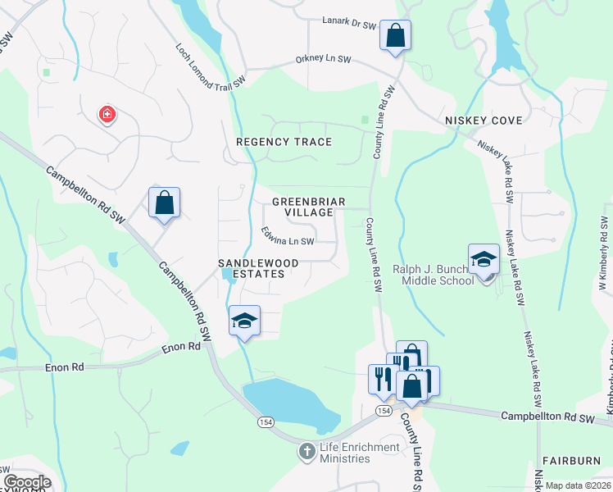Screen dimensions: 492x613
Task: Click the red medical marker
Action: pos(107,115)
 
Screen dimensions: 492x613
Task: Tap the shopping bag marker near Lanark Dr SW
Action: pos(395,36)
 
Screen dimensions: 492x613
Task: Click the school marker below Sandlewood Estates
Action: pos(244,321)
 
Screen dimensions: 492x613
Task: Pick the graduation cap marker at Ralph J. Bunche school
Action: pos(484,260)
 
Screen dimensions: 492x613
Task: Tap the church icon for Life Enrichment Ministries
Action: pos(306,451)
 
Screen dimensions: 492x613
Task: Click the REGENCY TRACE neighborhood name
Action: pos(284,142)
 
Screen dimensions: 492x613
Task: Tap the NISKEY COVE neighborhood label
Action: pos(484,121)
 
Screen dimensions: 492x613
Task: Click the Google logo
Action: pos(27,481)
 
